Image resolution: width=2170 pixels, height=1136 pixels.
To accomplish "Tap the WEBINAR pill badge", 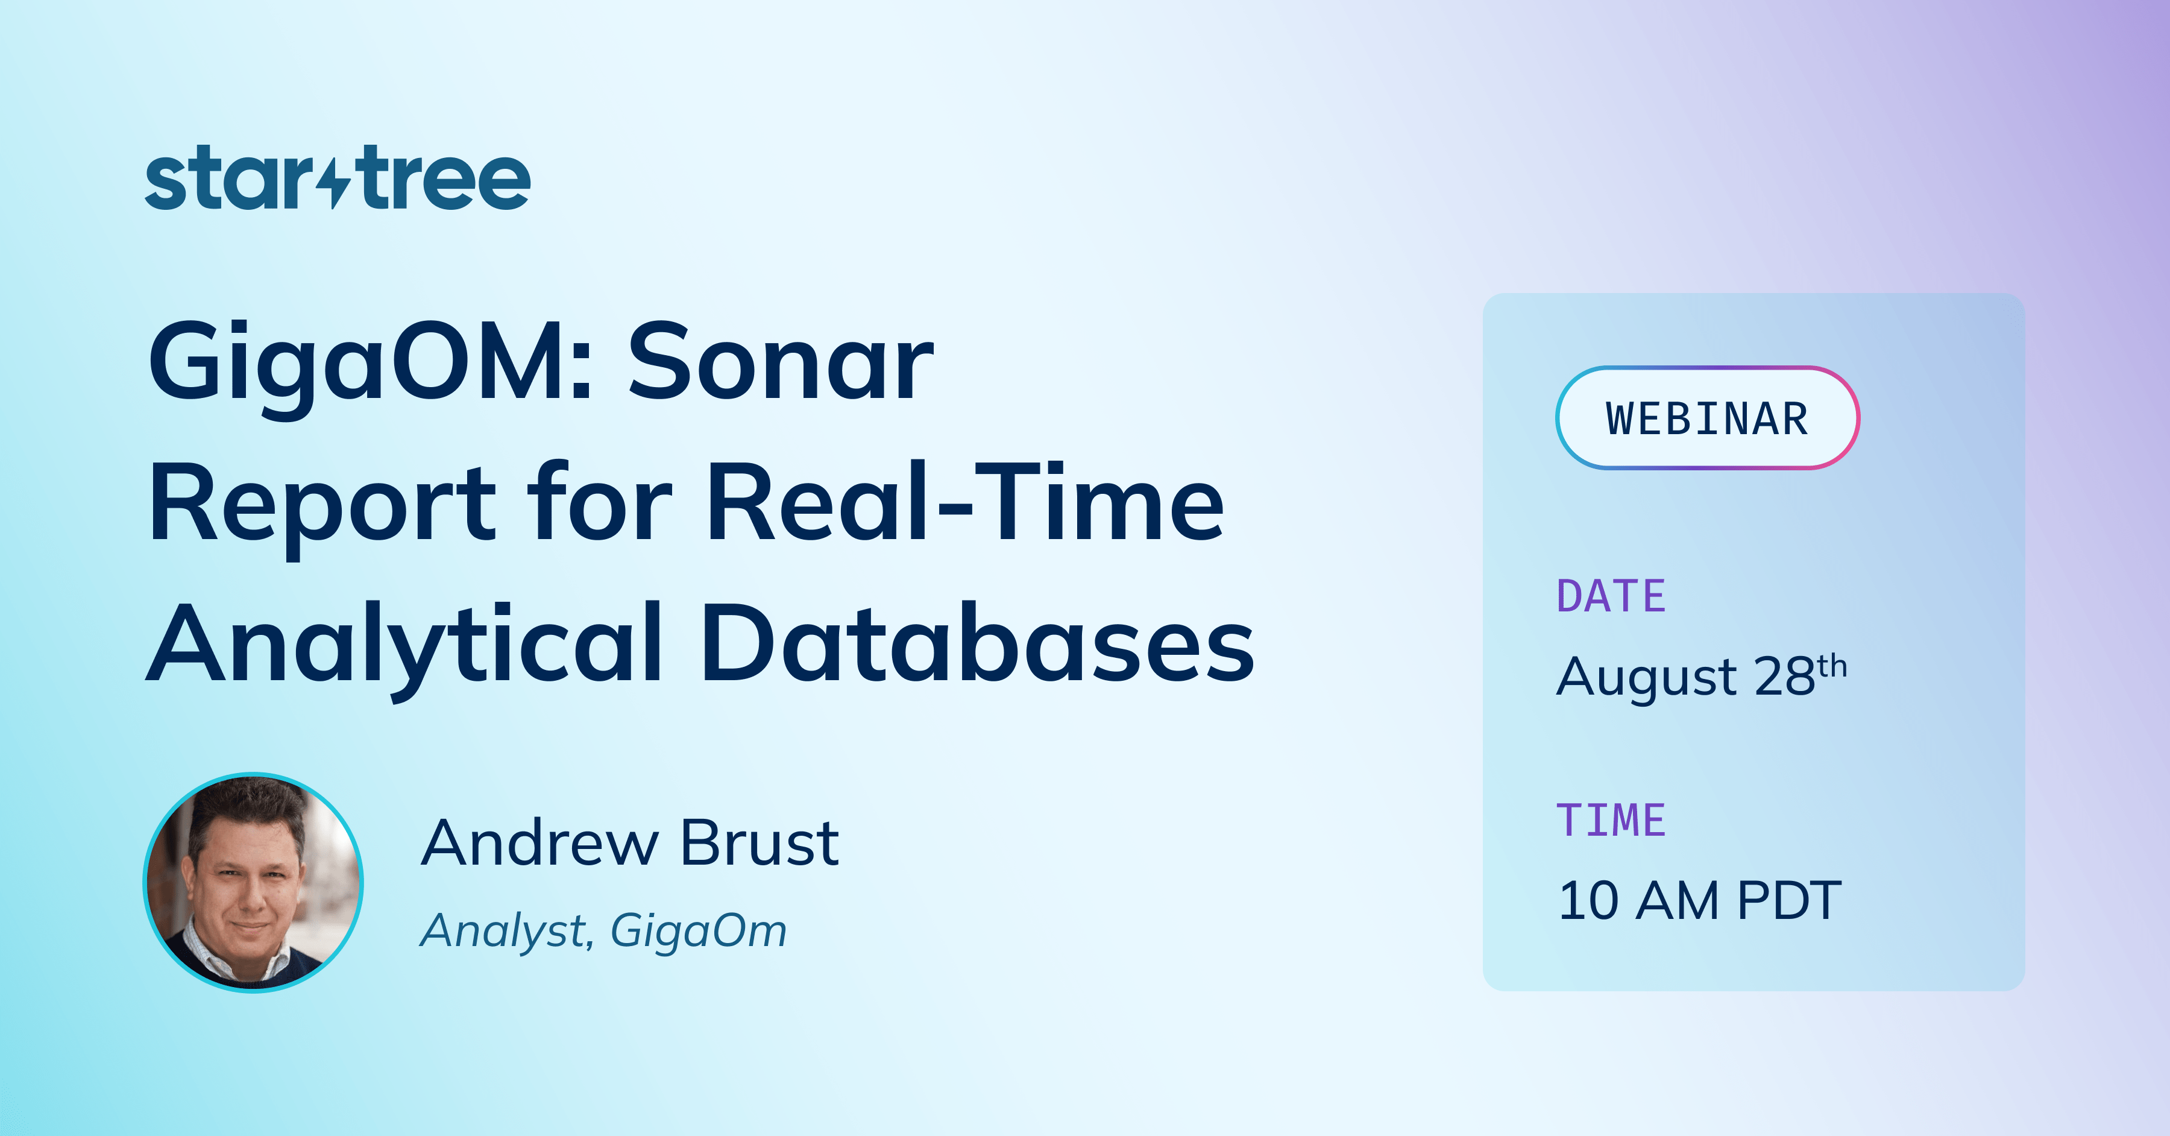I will click(x=1706, y=418).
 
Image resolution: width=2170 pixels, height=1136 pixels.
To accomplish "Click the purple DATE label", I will click(x=1611, y=597).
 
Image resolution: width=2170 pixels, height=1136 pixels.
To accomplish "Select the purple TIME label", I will click(x=1611, y=821).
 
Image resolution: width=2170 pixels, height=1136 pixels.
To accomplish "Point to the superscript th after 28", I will click(x=1832, y=667).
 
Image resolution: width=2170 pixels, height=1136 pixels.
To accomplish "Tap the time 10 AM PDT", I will click(x=1700, y=900).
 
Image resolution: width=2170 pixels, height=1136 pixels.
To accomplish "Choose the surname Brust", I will click(x=759, y=843).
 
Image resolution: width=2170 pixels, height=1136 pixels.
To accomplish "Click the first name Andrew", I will click(x=539, y=843).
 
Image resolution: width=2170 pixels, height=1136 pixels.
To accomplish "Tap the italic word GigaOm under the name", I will click(x=699, y=931).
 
